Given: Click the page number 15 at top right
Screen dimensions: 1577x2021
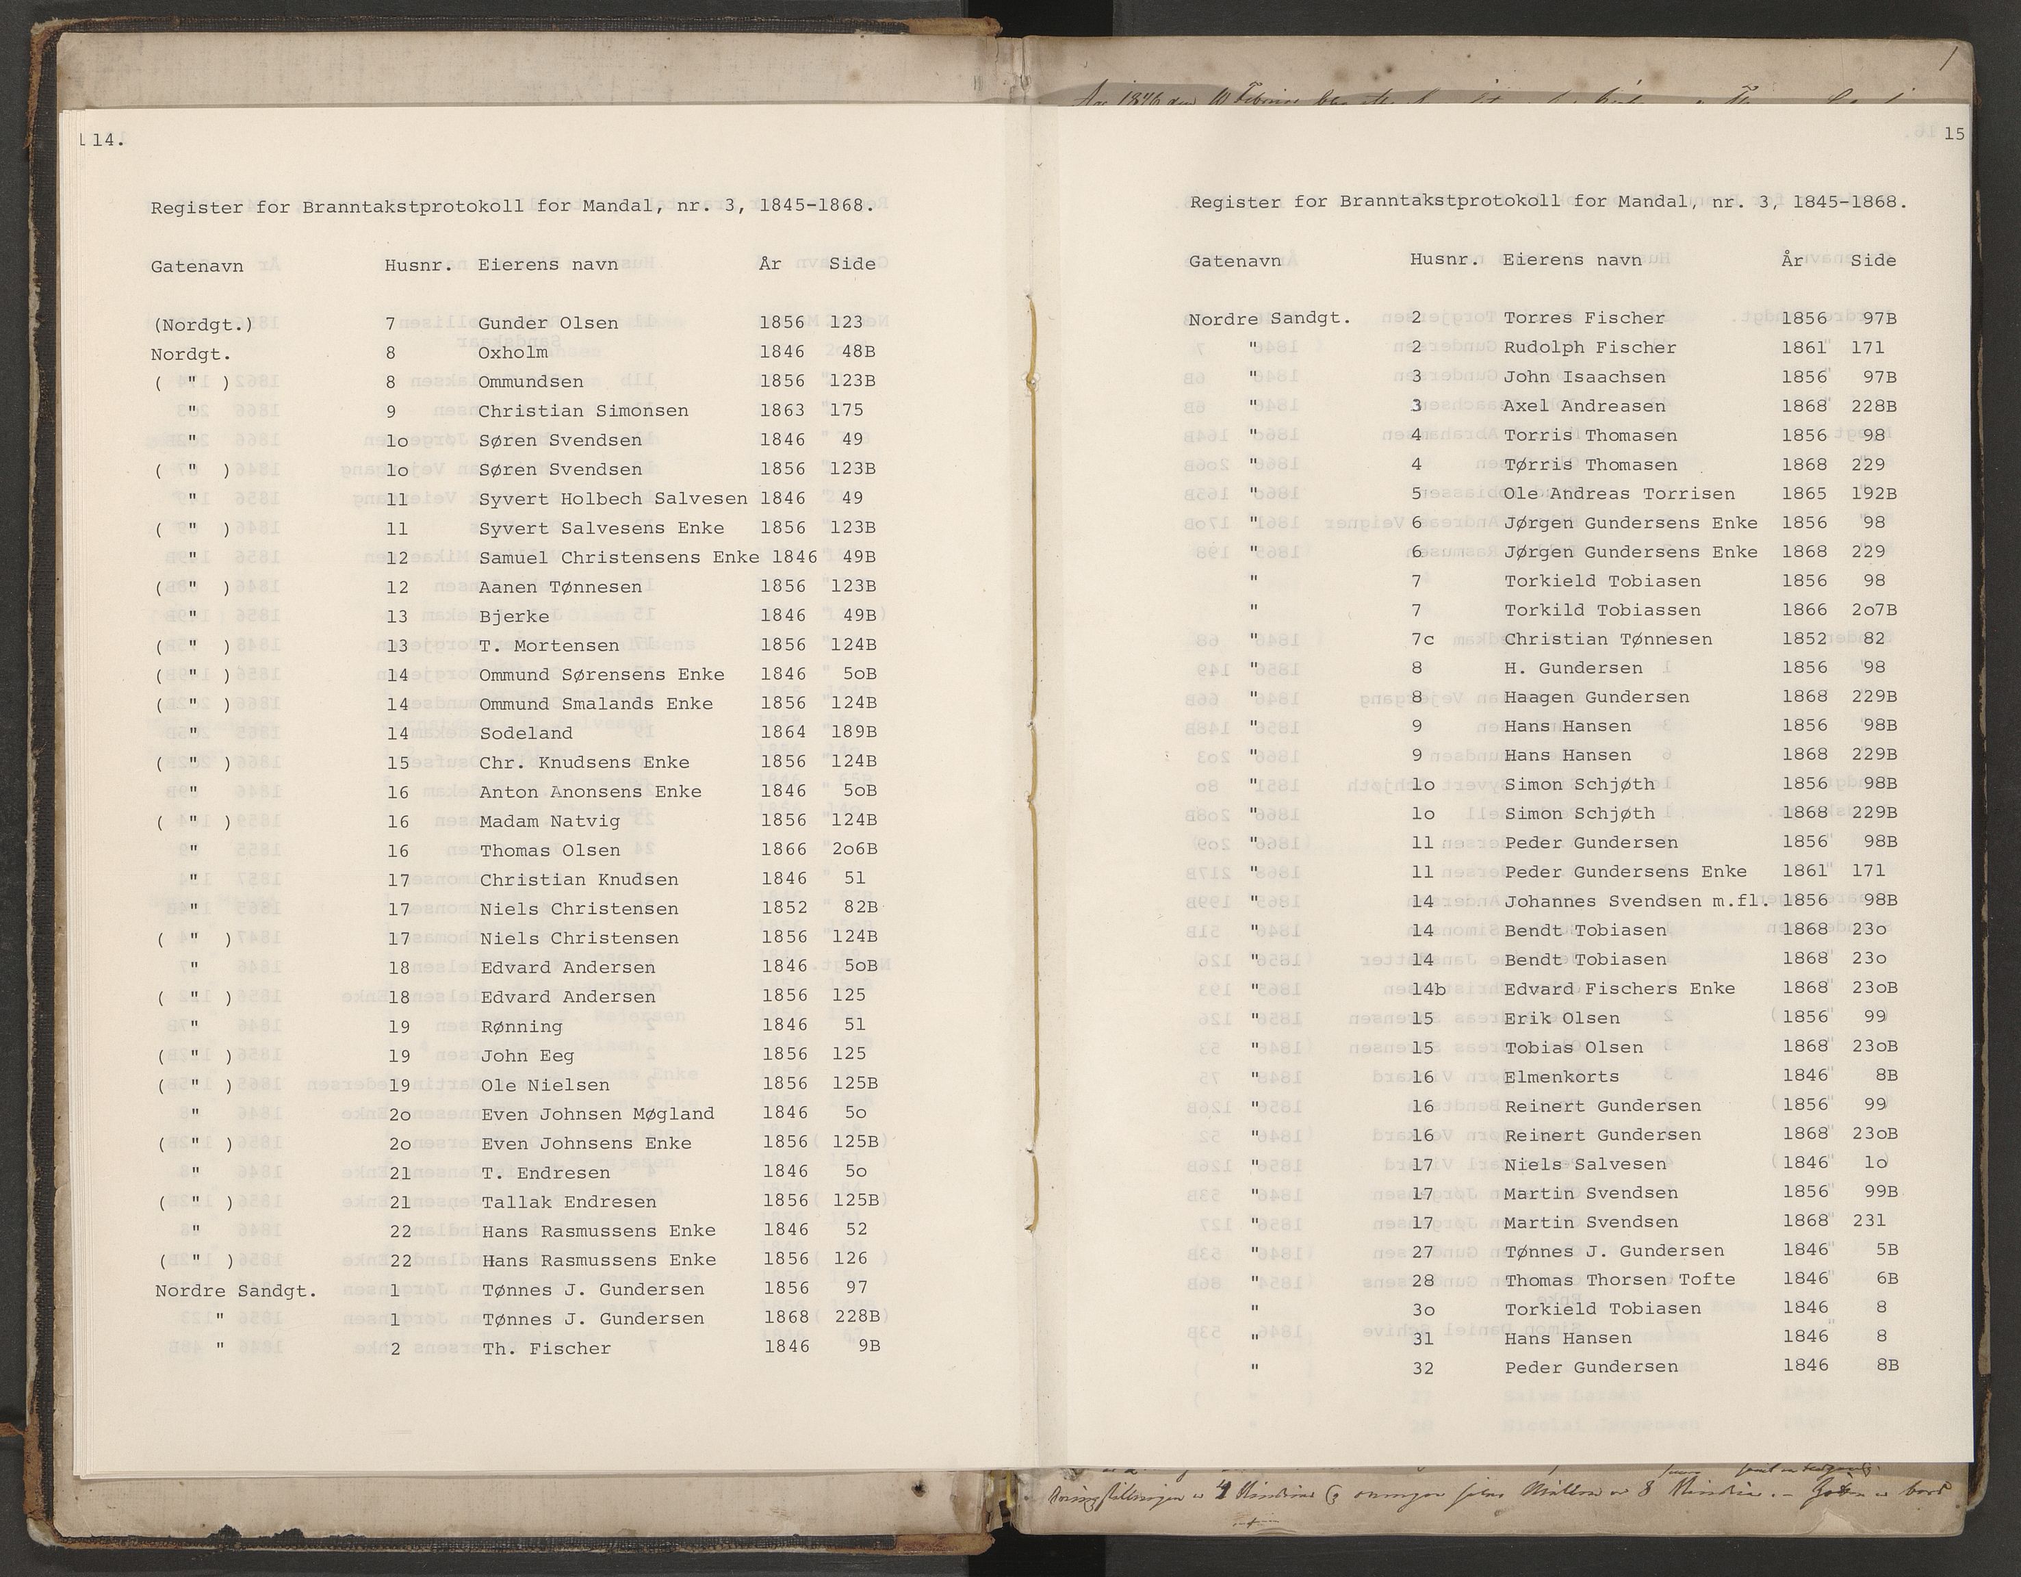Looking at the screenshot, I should tap(1953, 134).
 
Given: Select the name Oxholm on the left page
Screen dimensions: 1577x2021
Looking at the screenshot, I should tap(513, 352).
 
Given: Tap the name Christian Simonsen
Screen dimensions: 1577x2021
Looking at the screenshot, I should tap(583, 411).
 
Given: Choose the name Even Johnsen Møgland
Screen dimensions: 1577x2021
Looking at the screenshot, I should tap(597, 1114).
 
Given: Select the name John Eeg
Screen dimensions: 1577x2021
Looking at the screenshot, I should tap(528, 1056).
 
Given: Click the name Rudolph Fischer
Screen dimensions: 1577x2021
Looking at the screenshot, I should tap(1590, 348).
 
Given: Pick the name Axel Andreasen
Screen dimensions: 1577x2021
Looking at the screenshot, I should tap(1584, 407).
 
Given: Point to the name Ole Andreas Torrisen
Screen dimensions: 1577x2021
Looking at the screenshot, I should tap(1619, 494).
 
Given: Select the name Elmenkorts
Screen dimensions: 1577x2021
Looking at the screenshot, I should tap(1561, 1077).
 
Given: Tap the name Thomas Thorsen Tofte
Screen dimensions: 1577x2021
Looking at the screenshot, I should tap(1619, 1280).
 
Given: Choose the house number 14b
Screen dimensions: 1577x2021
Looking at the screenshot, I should tap(1428, 989).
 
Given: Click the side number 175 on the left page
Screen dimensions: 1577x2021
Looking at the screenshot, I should tap(847, 410).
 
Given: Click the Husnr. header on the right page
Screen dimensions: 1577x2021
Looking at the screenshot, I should tap(1443, 260).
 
